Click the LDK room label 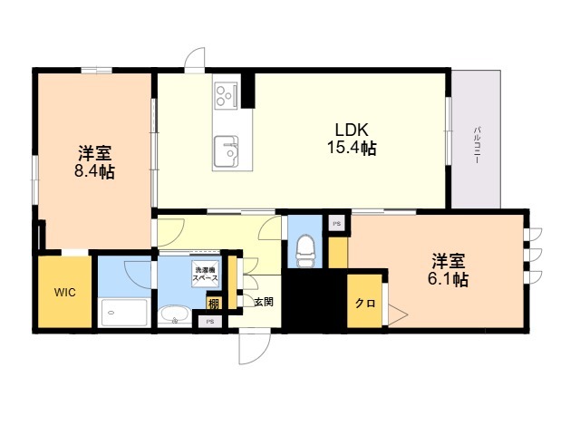tap(352, 130)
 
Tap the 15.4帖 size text tap(352, 148)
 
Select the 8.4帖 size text tap(94, 171)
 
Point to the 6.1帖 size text tap(449, 279)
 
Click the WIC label tap(64, 292)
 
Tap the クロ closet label tap(365, 304)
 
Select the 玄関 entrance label tap(264, 302)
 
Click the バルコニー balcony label tap(477, 145)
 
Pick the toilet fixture tap(305, 251)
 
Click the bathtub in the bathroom tap(124, 313)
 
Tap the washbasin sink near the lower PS tap(175, 316)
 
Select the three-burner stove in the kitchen tap(226, 94)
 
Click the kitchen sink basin tap(226, 151)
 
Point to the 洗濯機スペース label tap(206, 274)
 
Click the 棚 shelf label tap(214, 304)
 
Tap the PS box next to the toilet tap(336, 224)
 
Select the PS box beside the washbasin tap(210, 322)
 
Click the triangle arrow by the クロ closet tap(398, 315)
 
